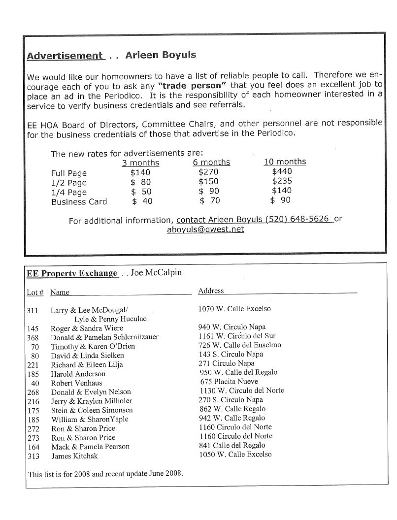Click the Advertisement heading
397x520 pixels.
65,56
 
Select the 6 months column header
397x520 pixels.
211,162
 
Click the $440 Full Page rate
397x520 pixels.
282,171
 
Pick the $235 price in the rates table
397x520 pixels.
282,181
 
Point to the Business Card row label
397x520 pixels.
79,201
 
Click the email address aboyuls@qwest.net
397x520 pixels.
205,229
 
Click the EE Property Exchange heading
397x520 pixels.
72,273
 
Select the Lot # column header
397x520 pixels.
35,292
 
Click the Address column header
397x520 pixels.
211,291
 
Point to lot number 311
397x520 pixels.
33,311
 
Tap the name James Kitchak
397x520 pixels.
74,456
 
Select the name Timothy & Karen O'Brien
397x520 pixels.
93,347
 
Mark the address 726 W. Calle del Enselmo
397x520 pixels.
240,345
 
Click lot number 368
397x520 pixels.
33,337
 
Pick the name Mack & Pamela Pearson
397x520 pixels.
90,447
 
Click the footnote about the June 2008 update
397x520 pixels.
105,474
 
